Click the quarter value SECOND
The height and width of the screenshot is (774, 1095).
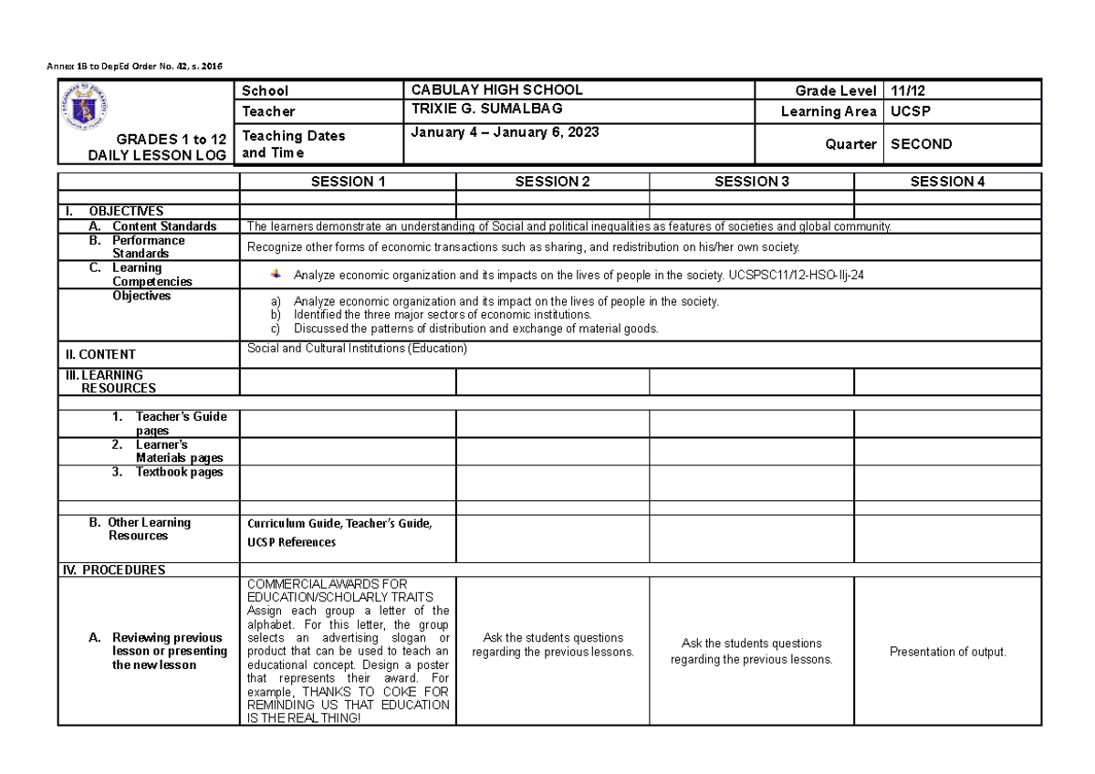(922, 143)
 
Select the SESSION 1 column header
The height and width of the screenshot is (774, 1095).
(348, 182)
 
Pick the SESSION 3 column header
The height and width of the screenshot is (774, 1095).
(751, 182)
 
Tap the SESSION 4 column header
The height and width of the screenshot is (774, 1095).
(947, 182)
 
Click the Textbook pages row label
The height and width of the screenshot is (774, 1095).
(168, 472)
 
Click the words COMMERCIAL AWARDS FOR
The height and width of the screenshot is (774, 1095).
(328, 583)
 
